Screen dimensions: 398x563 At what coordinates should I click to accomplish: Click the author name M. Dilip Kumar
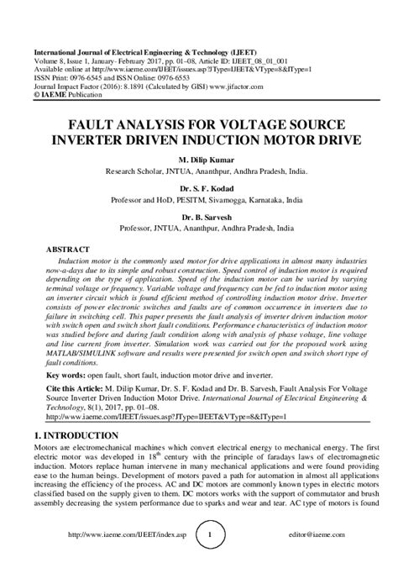[199, 157]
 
